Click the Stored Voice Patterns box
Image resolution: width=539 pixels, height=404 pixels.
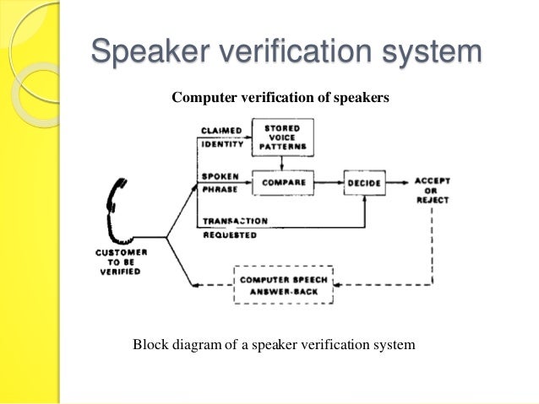pyautogui.click(x=282, y=137)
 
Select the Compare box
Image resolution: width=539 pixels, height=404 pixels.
pyautogui.click(x=282, y=182)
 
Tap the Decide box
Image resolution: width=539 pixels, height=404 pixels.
pyautogui.click(x=363, y=182)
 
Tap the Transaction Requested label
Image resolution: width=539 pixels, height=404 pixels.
pyautogui.click(x=234, y=228)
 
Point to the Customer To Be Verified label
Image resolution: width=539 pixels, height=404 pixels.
pyautogui.click(x=123, y=261)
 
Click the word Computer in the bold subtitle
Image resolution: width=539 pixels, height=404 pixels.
pyautogui.click(x=203, y=97)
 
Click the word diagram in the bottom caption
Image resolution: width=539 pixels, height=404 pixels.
pyautogui.click(x=199, y=344)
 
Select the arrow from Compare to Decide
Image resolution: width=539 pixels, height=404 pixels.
pyautogui.click(x=329, y=181)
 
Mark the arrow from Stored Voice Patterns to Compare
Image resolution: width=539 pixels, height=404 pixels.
pyautogui.click(x=282, y=164)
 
